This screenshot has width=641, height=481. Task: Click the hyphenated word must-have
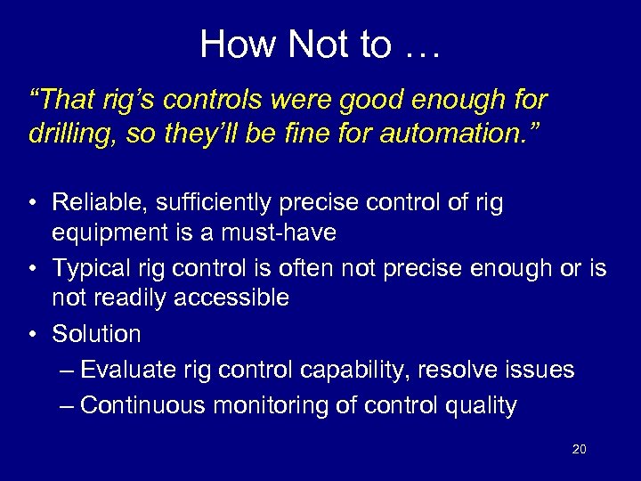286,232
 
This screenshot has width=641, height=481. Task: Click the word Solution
96,334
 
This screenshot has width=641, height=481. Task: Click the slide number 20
579,450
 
